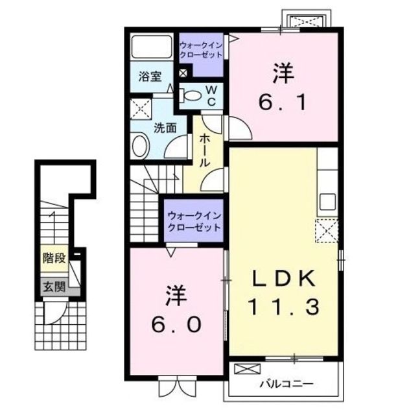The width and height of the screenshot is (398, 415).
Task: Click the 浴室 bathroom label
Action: (150, 77)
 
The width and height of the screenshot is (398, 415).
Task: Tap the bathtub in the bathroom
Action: (152, 46)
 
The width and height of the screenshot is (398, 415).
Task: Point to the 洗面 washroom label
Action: (165, 128)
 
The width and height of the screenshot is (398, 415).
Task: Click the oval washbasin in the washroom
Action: (140, 145)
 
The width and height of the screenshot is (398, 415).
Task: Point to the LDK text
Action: (284, 278)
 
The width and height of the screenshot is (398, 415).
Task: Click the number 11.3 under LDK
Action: (284, 307)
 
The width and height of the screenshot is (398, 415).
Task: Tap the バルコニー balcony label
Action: (287, 383)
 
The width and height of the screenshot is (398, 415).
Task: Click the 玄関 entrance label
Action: (54, 287)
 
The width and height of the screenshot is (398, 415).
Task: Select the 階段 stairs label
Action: (54, 258)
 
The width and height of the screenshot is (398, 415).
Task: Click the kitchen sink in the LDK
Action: (328, 202)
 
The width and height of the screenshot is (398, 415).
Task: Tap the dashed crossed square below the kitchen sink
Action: (327, 231)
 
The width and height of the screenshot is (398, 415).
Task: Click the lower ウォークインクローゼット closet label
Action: (194, 222)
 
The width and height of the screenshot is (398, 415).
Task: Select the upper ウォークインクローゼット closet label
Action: (201, 50)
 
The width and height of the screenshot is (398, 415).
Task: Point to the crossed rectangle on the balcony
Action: (248, 369)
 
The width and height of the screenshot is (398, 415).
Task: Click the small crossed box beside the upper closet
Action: (183, 73)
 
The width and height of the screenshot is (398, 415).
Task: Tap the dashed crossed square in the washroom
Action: (141, 109)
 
